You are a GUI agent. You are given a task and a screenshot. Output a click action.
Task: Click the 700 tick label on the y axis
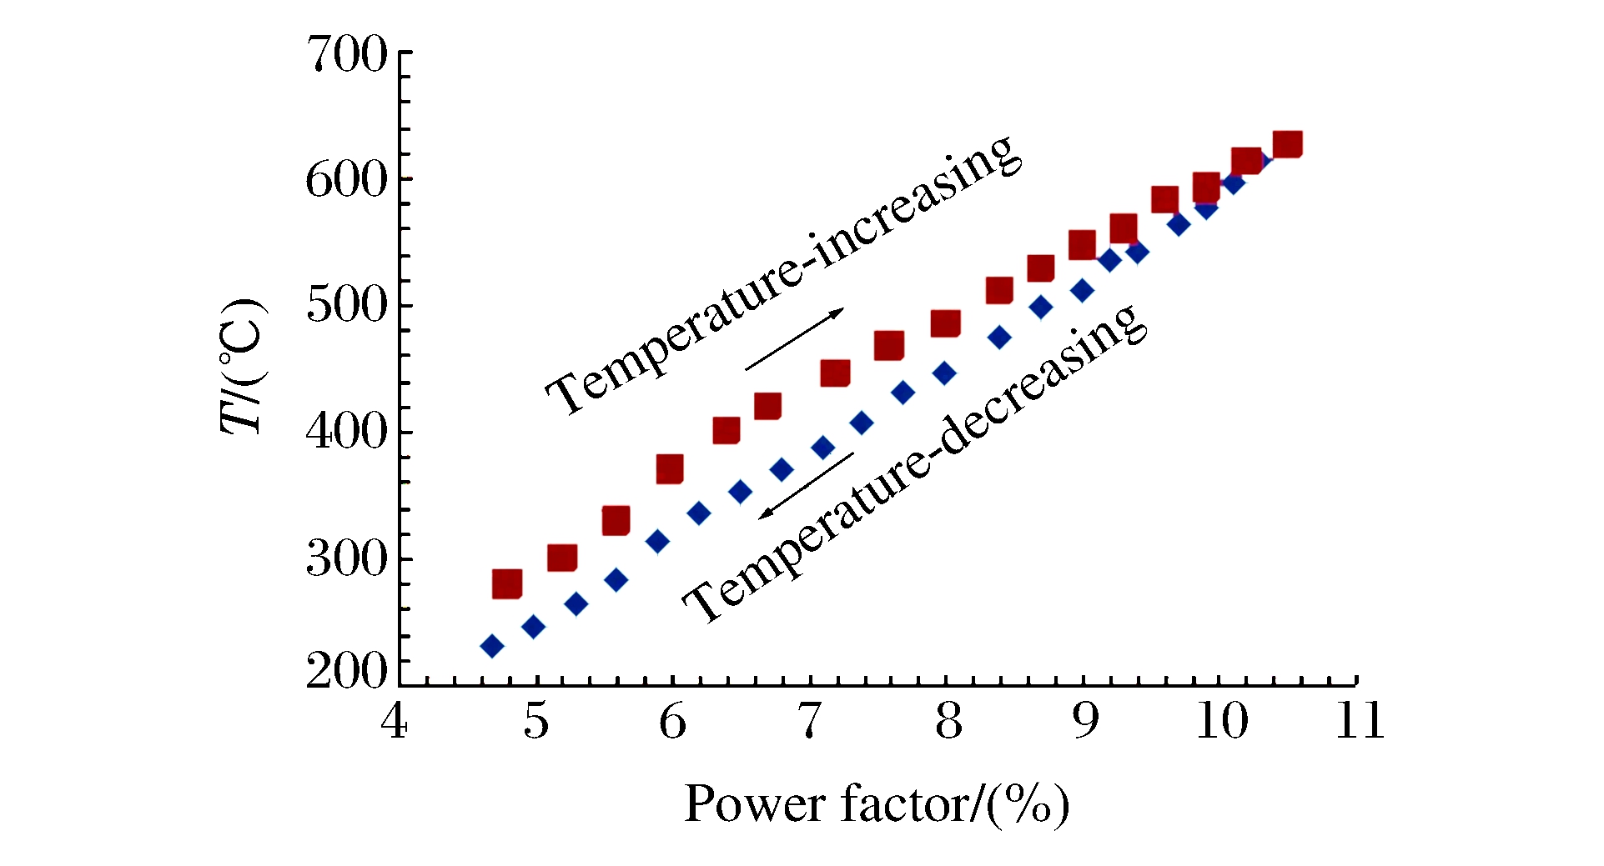pos(347,56)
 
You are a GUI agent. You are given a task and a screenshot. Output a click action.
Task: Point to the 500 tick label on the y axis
pos(347,306)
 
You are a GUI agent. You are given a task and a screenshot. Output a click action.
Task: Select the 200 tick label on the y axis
pos(347,670)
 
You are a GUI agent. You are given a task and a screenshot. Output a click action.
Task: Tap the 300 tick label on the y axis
pos(347,559)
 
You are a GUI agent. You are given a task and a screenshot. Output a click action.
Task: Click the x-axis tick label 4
pos(394,722)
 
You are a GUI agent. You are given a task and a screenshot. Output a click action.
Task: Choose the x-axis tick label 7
pos(810,722)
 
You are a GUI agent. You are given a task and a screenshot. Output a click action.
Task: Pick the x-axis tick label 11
pos(1360,722)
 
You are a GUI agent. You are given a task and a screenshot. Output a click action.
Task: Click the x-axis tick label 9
pos(1084,722)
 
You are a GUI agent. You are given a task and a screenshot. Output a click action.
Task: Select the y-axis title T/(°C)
pos(241,367)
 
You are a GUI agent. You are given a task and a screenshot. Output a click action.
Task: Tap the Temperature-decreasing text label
pos(914,463)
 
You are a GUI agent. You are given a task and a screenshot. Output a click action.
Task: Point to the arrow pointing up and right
pos(794,339)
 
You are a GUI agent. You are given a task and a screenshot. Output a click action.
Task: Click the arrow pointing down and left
pos(806,486)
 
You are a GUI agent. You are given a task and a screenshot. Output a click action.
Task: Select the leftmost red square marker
pos(507,583)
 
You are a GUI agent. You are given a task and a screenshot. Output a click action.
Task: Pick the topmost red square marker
pos(1288,144)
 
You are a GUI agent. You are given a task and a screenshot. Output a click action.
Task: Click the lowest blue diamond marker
pos(492,646)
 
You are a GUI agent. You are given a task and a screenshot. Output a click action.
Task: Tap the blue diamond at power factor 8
pos(944,373)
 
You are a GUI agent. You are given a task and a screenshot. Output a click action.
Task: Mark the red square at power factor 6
pos(670,469)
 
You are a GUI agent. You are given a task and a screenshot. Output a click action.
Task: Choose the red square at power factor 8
pos(945,323)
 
